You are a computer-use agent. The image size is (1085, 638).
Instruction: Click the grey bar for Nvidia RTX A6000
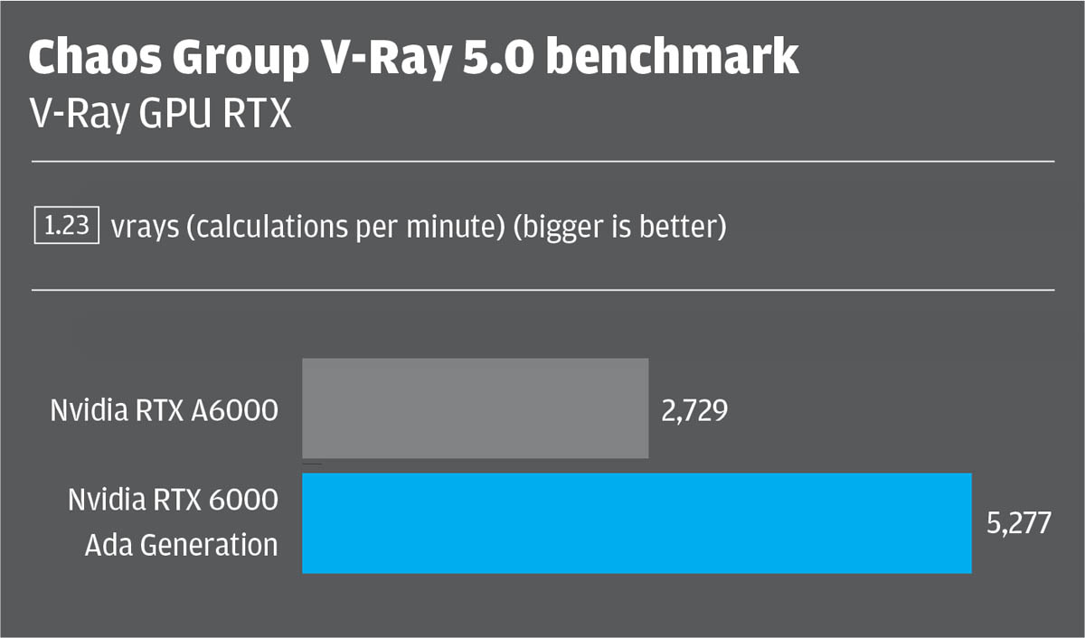475,408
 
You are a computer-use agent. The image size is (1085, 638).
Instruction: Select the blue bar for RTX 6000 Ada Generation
637,522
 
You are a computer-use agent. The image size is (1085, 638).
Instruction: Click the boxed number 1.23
66,225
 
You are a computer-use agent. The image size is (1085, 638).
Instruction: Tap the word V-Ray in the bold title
374,58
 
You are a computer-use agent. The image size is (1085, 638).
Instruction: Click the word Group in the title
239,58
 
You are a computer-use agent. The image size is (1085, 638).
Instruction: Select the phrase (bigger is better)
619,227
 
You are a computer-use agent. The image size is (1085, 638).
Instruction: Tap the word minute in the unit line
453,227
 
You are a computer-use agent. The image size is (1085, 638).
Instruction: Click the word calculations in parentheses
262,227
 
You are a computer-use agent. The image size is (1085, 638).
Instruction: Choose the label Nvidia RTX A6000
164,411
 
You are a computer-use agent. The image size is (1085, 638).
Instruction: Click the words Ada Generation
181,545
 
